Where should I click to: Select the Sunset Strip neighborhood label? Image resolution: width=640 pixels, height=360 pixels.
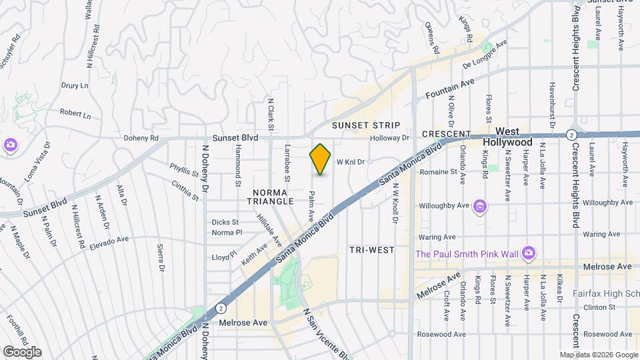point(367,125)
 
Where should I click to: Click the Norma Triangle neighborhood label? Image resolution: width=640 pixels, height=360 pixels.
point(269,195)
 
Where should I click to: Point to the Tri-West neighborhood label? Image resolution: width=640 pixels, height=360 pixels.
point(371,249)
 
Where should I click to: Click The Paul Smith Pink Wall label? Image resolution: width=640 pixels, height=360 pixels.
point(467,253)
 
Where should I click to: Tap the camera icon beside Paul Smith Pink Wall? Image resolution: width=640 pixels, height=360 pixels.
point(529,253)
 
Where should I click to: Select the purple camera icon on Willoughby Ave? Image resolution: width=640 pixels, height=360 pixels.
point(479,207)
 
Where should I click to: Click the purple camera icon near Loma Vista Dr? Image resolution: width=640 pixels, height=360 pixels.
point(9,145)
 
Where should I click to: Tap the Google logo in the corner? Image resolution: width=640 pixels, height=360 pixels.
point(21,352)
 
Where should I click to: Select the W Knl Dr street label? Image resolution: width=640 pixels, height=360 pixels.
point(351,162)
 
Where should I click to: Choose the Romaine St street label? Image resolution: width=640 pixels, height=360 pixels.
point(438,171)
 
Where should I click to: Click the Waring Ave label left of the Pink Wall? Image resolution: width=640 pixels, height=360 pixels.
point(437,236)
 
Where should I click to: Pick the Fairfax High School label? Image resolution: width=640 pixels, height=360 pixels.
point(605,293)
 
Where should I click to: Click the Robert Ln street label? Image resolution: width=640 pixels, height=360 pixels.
point(75,114)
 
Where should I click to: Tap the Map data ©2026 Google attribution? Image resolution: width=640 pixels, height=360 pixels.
point(598,355)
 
